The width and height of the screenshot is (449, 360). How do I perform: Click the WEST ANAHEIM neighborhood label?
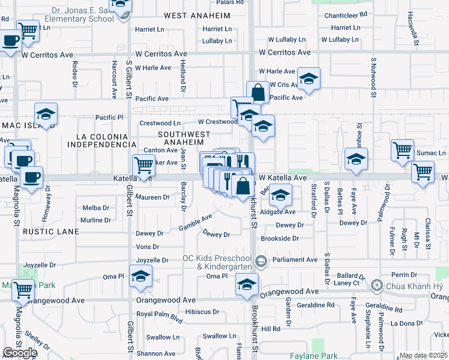(197, 14)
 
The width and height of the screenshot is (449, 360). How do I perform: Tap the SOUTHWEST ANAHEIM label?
(184, 137)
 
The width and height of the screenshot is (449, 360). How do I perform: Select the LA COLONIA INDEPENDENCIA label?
(101, 140)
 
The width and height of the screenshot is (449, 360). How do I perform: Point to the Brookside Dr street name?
(279, 238)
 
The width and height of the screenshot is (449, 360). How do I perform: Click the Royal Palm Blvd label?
(159, 314)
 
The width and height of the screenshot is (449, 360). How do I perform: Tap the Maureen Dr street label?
(152, 197)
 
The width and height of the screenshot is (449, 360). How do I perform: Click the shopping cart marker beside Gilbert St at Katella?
(143, 164)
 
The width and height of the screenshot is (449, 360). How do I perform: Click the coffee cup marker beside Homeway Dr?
(31, 177)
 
